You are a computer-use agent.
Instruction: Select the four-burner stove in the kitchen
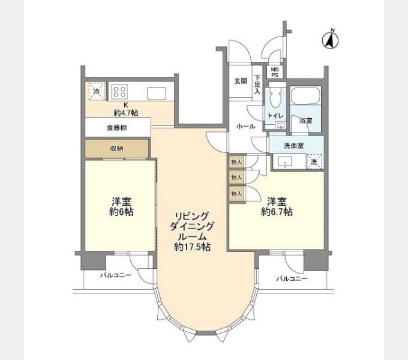pos(119,92)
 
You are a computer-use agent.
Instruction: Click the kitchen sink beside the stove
pos(157,93)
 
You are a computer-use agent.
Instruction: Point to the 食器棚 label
pos(117,127)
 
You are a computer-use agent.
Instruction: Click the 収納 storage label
pos(117,148)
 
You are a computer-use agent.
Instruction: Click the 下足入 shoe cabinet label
pos(257,85)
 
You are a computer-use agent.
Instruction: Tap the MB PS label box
pos(274,72)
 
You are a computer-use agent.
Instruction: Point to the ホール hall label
pos(246,127)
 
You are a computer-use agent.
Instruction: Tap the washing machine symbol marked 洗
pos(313,161)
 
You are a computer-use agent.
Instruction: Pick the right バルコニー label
pos(292,279)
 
